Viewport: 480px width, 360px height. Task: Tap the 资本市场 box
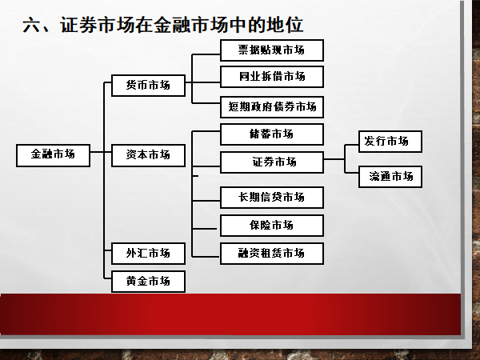(x=148, y=154)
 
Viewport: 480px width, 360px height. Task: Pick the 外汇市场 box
(x=148, y=254)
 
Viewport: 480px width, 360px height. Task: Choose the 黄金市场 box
(x=148, y=282)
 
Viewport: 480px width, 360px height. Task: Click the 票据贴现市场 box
(x=272, y=50)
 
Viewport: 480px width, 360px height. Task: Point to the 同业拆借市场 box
(x=272, y=77)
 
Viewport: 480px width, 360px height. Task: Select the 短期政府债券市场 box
(x=272, y=106)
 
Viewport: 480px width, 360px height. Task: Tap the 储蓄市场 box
(x=272, y=134)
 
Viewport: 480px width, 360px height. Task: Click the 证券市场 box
(x=272, y=162)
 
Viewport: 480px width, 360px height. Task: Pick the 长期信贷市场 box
(x=272, y=197)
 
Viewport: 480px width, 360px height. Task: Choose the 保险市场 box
(x=272, y=225)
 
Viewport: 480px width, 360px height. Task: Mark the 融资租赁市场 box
(x=272, y=254)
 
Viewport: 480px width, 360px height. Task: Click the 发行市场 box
(x=390, y=142)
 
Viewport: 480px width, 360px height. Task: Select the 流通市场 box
(x=390, y=176)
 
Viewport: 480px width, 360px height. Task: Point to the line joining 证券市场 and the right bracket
(x=334, y=162)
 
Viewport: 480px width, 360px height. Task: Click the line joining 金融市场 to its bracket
(x=97, y=153)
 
